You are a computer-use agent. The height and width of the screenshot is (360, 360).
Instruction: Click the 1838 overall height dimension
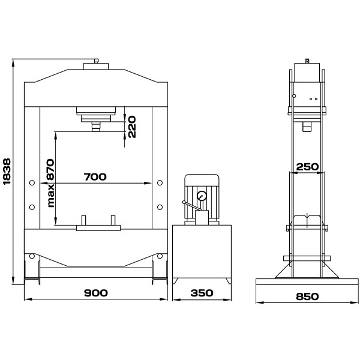(x=7, y=171)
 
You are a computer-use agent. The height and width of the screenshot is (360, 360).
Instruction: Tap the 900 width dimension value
(x=95, y=293)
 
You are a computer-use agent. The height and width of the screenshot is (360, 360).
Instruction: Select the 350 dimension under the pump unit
(x=202, y=293)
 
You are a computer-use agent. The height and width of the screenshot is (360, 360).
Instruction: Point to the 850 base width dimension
(x=307, y=296)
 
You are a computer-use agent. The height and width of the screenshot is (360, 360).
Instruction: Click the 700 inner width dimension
(x=95, y=177)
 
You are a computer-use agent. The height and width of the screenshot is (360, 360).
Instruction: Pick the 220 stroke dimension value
(x=132, y=127)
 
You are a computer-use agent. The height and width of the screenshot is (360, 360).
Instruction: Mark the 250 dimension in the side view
(x=307, y=167)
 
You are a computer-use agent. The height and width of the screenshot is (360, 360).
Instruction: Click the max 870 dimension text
(x=50, y=183)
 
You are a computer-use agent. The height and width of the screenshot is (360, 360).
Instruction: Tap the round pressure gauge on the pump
(x=202, y=196)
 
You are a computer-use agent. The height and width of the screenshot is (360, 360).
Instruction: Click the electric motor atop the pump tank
(x=202, y=197)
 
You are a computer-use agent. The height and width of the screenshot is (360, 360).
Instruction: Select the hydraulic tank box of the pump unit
(x=202, y=251)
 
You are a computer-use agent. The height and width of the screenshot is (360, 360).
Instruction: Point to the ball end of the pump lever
(x=184, y=202)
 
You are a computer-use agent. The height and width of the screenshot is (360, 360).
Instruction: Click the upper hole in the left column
(x=32, y=183)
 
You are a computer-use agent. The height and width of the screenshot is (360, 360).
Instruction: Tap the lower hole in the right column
(x=160, y=207)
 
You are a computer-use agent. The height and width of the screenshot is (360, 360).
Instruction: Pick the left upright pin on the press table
(x=83, y=220)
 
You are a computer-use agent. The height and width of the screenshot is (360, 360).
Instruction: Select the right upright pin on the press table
(x=113, y=220)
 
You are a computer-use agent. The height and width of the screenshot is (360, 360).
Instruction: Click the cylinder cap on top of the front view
(x=96, y=66)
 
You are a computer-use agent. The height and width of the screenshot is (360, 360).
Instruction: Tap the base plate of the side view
(x=307, y=282)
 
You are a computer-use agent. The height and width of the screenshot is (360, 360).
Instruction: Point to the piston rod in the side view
(x=306, y=127)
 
